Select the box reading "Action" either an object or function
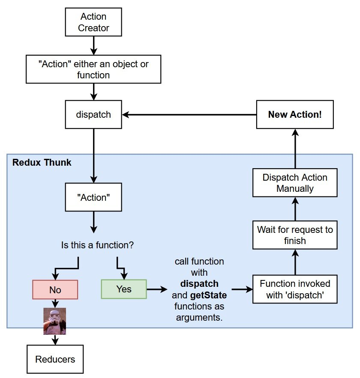[93, 69]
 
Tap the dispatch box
[93, 115]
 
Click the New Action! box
[295, 115]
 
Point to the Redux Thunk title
[42, 163]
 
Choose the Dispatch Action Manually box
[295, 183]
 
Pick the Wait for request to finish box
[295, 235]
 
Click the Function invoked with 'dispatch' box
[295, 289]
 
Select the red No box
[55, 289]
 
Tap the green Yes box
[123, 289]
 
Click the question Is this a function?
[98, 246]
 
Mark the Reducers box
[55, 359]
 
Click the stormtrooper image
[54, 321]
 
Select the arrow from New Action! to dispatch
[189, 115]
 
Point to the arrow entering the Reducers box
[55, 339]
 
